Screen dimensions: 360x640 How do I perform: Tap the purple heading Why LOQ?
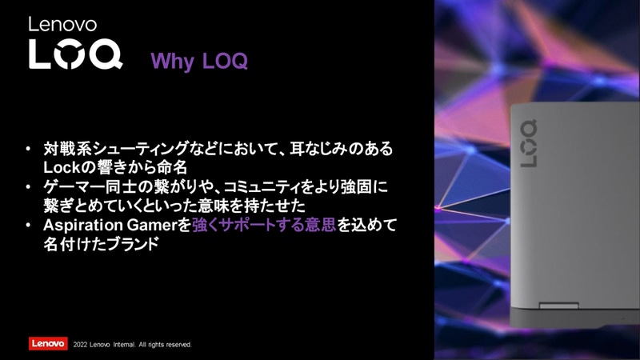(199, 62)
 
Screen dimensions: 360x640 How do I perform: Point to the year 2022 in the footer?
(80, 345)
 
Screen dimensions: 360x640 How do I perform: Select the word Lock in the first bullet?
(62, 167)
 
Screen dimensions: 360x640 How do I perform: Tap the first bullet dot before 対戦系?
(28, 150)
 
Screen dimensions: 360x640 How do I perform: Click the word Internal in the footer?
(122, 345)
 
